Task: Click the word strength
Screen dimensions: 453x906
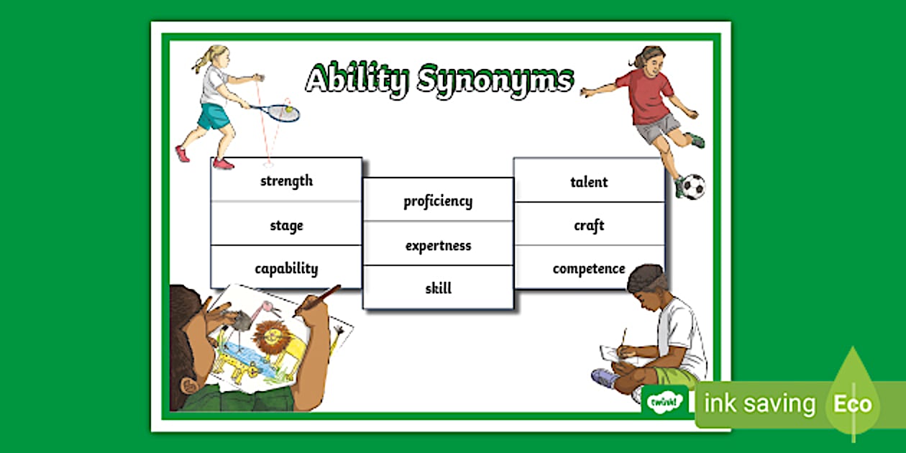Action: (x=286, y=181)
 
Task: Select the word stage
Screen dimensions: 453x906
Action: (x=286, y=226)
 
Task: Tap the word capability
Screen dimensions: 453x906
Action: (x=286, y=269)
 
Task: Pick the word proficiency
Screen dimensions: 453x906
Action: (x=438, y=201)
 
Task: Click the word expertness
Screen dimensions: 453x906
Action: (x=438, y=246)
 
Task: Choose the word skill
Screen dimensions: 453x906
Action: (x=438, y=289)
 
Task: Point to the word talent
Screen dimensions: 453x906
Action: (x=589, y=183)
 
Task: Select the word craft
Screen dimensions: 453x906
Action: (x=589, y=226)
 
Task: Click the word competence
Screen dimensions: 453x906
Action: (x=589, y=269)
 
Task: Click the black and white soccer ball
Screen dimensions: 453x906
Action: (x=692, y=186)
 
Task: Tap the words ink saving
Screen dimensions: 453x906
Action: (x=760, y=404)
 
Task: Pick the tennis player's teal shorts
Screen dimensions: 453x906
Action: (x=214, y=116)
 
